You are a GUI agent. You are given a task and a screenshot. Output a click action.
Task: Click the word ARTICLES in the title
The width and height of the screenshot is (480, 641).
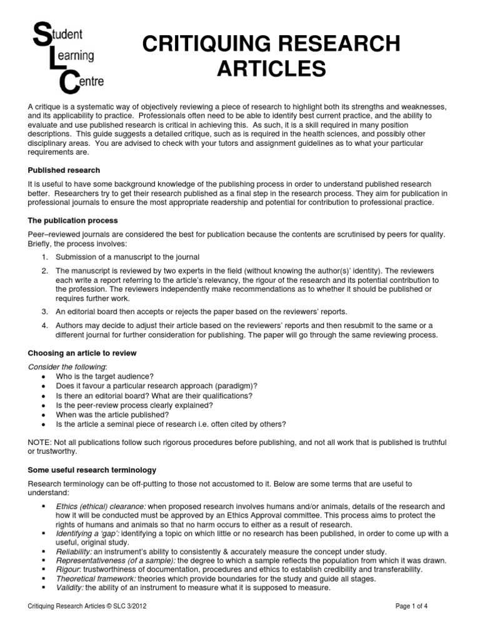(x=271, y=68)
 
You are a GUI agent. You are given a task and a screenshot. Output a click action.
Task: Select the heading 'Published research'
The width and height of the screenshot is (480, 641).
(x=64, y=170)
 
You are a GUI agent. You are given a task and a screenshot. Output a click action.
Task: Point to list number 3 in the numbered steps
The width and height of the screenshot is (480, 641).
(x=44, y=311)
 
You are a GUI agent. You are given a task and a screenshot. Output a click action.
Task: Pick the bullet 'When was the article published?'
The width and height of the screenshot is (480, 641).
(x=112, y=414)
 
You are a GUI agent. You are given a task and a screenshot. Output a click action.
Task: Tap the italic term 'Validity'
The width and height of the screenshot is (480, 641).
(x=69, y=588)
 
